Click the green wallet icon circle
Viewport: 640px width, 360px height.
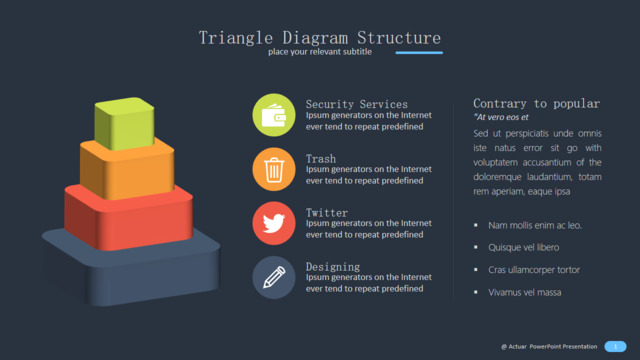[274, 115]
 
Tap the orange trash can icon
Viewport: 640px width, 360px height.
[274, 169]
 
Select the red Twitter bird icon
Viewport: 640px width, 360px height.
[274, 223]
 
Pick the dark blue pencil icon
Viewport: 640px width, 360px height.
[274, 278]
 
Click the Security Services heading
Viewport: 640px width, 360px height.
[357, 104]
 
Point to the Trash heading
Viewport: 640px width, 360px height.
[321, 158]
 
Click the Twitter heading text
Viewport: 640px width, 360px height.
[327, 213]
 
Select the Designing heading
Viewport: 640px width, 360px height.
[333, 267]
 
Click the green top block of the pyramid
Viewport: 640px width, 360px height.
[124, 123]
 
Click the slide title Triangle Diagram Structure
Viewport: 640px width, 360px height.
[320, 38]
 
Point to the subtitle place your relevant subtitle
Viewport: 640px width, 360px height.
[320, 52]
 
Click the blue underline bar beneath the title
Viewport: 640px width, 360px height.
[419, 53]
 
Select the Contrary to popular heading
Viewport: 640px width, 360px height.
[537, 104]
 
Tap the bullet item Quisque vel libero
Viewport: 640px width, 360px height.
[524, 247]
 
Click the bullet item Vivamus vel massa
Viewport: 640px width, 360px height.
[525, 292]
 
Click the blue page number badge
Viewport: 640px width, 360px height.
[616, 347]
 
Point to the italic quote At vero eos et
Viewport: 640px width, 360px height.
[501, 117]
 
